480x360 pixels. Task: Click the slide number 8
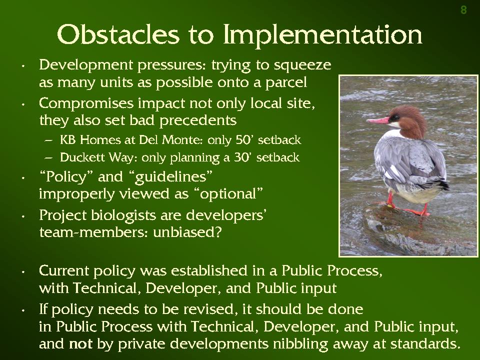[464, 10]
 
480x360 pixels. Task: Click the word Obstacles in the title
[118, 34]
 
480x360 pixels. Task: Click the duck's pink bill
[378, 120]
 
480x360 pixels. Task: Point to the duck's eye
[395, 117]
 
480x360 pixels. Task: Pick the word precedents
[198, 120]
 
